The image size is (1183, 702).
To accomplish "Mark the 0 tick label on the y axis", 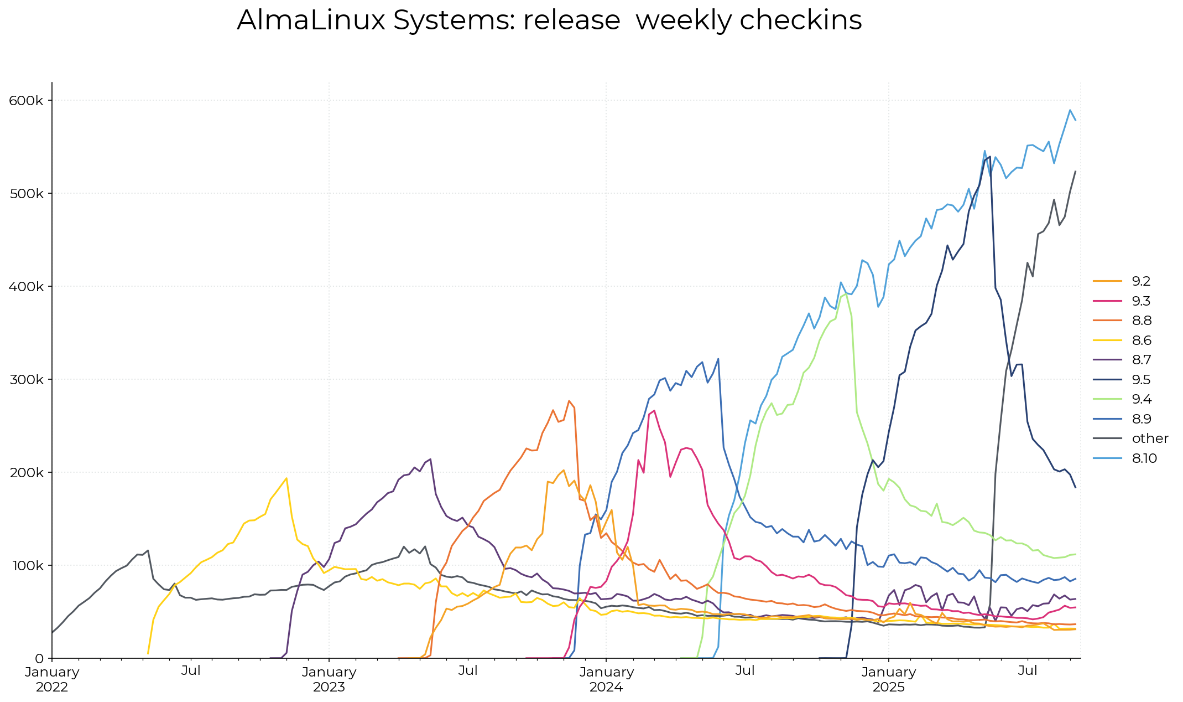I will [39, 659].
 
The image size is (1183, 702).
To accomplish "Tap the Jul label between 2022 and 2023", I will [191, 671].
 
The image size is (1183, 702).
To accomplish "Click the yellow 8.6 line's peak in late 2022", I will [286, 478].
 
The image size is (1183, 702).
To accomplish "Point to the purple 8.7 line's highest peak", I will [430, 459].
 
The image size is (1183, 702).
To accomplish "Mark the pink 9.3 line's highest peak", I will [654, 411].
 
